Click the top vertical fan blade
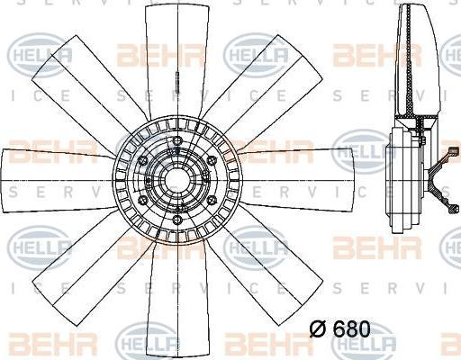click(177, 60)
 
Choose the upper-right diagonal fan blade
click(264, 87)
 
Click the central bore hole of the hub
click(177, 180)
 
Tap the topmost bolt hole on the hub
click(177, 140)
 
